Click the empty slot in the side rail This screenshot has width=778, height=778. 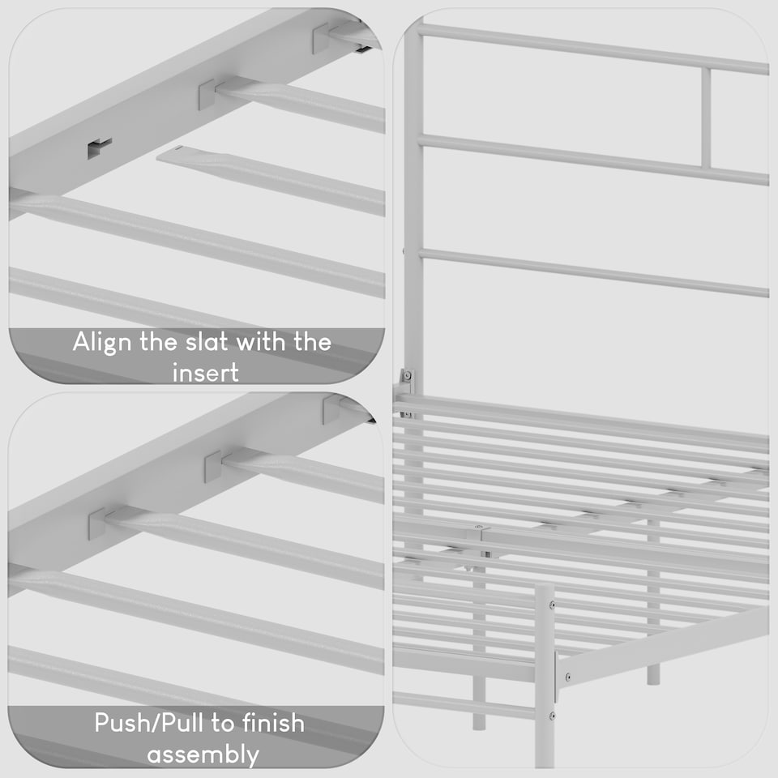coord(99,147)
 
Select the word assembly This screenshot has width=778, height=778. coord(203,754)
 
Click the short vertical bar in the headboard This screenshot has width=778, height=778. coord(706,118)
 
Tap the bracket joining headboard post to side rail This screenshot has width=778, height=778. coord(405,382)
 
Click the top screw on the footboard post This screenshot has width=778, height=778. coord(552,605)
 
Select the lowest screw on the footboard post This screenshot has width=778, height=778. coord(552,716)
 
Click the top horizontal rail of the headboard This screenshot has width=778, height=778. coord(592,49)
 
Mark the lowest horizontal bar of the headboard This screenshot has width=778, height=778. coord(592,271)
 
